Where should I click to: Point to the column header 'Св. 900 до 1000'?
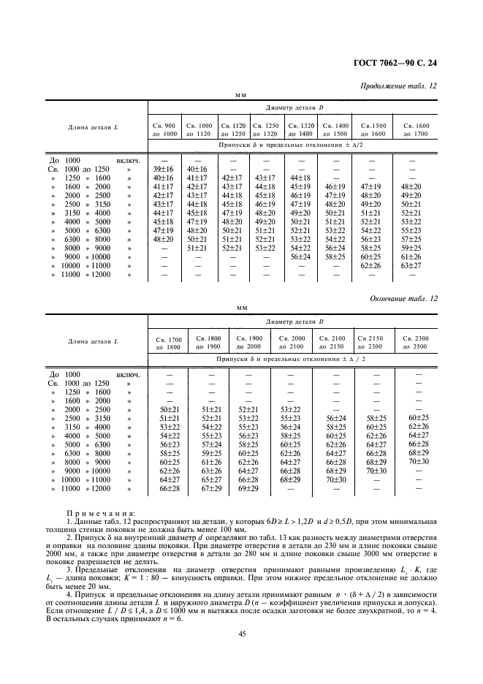pos(164,129)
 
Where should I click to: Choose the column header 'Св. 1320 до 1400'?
pos(300,129)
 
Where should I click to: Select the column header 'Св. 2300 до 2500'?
pos(419,343)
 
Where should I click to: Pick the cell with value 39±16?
pos(164,169)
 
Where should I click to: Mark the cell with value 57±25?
pos(412,239)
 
